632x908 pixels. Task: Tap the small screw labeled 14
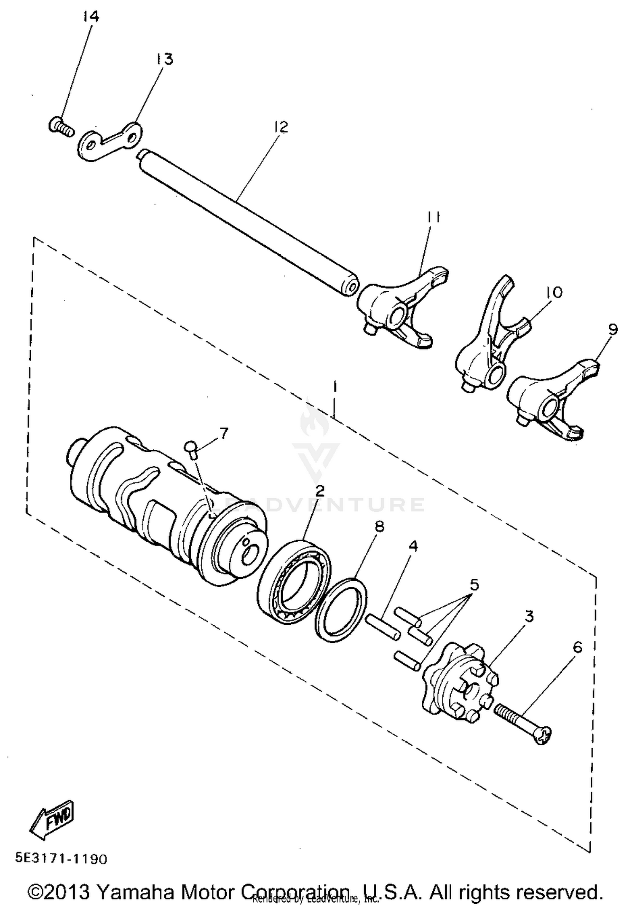60,126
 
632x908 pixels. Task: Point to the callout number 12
281,126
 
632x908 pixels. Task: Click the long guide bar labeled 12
249,222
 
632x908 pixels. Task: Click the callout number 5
474,585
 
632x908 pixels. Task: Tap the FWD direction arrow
53,817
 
